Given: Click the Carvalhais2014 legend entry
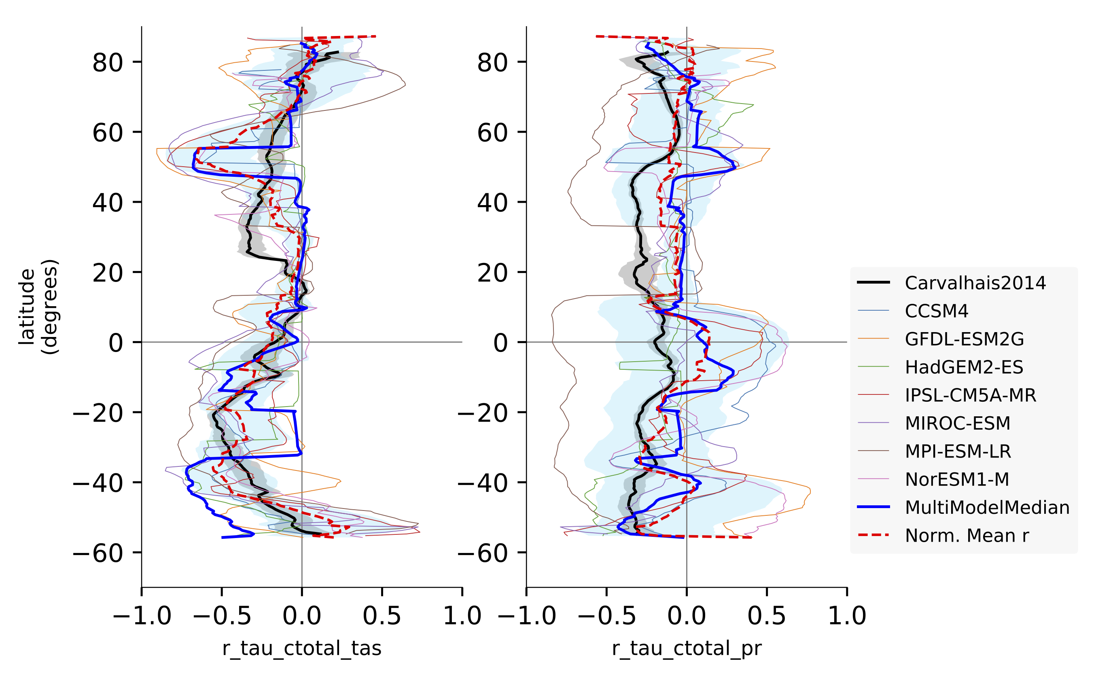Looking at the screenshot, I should tap(975, 283).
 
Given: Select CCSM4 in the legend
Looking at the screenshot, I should tap(936, 311).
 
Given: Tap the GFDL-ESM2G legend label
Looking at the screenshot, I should tap(964, 339).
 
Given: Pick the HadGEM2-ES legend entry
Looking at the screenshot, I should tap(964, 367).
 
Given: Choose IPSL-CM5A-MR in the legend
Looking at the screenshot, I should tap(971, 395).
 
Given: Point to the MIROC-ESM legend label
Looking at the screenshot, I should tap(957, 423).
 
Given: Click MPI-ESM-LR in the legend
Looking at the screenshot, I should tap(958, 451).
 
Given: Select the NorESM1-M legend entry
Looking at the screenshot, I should tap(957, 479).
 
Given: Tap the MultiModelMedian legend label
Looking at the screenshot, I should tap(987, 508).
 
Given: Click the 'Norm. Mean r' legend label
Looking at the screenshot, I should tap(967, 536).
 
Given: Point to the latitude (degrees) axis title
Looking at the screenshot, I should tap(38, 307).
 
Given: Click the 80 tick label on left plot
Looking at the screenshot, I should tap(108, 62).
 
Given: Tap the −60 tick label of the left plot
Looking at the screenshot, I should tap(98, 553).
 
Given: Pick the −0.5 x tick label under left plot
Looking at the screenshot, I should tap(222, 616).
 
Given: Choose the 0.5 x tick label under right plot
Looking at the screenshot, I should tap(766, 616).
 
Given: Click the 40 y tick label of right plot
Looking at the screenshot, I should tap(492, 203).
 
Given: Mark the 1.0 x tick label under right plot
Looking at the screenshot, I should tap(847, 616).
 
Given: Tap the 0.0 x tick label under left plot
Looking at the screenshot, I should tap(302, 616).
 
